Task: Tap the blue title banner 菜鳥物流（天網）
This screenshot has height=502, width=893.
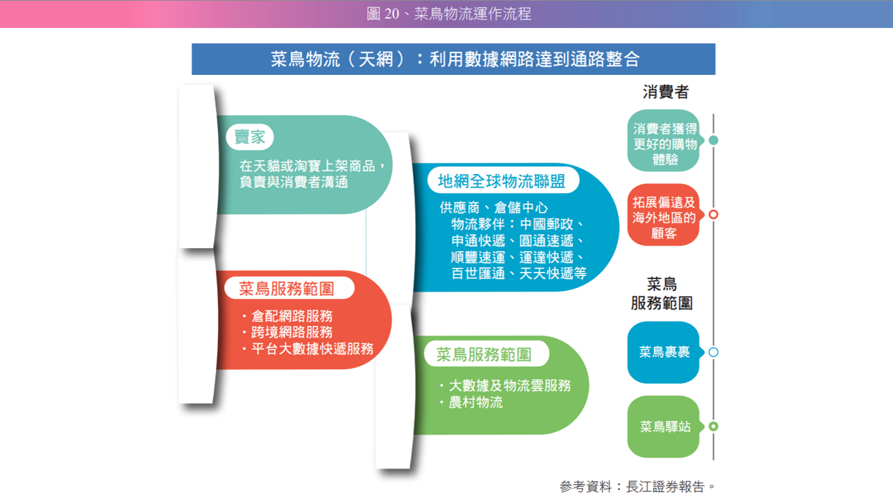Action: [454, 59]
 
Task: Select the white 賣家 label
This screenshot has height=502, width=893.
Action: [249, 137]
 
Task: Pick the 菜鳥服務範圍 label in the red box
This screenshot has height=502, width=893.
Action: [286, 289]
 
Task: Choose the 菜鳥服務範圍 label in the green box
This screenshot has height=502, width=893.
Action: [484, 354]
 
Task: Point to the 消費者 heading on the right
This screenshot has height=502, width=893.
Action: [666, 92]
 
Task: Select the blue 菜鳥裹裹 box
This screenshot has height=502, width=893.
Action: [664, 352]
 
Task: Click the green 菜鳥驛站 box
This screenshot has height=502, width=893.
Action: [664, 426]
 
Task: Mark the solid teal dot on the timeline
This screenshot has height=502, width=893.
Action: [713, 140]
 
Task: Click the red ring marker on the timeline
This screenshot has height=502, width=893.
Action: [713, 215]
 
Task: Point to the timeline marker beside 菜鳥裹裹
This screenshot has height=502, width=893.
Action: [713, 352]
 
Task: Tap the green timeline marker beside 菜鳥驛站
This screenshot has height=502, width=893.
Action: [713, 426]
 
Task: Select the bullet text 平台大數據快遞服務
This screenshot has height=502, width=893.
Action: [312, 348]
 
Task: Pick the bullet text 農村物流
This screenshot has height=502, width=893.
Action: [476, 403]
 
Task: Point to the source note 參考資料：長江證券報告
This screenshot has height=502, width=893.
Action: [637, 486]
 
